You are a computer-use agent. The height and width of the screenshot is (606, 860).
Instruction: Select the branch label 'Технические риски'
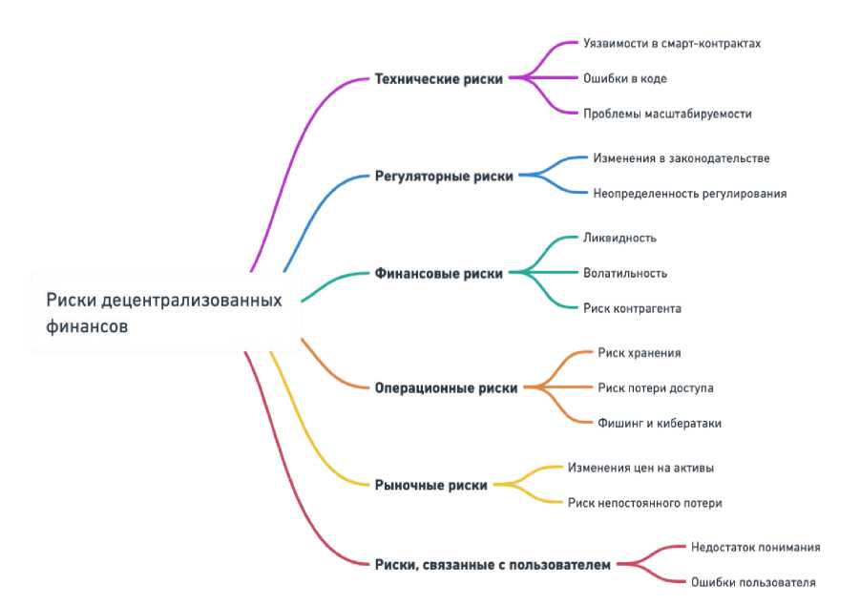(439, 79)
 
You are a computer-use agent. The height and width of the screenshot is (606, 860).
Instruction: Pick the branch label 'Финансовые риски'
(439, 273)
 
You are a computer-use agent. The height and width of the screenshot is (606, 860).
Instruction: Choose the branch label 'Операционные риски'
(446, 388)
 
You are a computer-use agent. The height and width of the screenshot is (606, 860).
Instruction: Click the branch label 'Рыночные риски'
(430, 485)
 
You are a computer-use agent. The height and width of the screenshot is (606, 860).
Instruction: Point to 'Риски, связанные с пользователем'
(492, 564)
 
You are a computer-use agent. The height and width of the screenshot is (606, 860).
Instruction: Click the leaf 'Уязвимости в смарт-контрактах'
(672, 44)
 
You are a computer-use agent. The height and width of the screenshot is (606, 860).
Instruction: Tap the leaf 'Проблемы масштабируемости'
(667, 114)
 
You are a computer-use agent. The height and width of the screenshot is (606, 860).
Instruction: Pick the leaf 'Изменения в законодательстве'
(681, 157)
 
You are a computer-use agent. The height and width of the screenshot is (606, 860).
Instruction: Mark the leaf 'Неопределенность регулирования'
(689, 193)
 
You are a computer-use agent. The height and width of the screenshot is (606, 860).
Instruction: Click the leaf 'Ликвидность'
(619, 238)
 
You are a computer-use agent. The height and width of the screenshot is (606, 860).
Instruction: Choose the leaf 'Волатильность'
(625, 273)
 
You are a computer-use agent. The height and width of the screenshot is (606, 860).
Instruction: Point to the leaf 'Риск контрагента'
(632, 308)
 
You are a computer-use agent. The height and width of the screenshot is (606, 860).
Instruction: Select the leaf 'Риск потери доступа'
(656, 387)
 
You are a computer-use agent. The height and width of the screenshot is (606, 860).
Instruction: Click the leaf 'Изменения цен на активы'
(640, 468)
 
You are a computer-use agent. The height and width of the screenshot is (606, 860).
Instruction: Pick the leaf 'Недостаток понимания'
(755, 547)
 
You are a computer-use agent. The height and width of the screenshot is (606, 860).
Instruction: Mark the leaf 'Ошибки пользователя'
(753, 582)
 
